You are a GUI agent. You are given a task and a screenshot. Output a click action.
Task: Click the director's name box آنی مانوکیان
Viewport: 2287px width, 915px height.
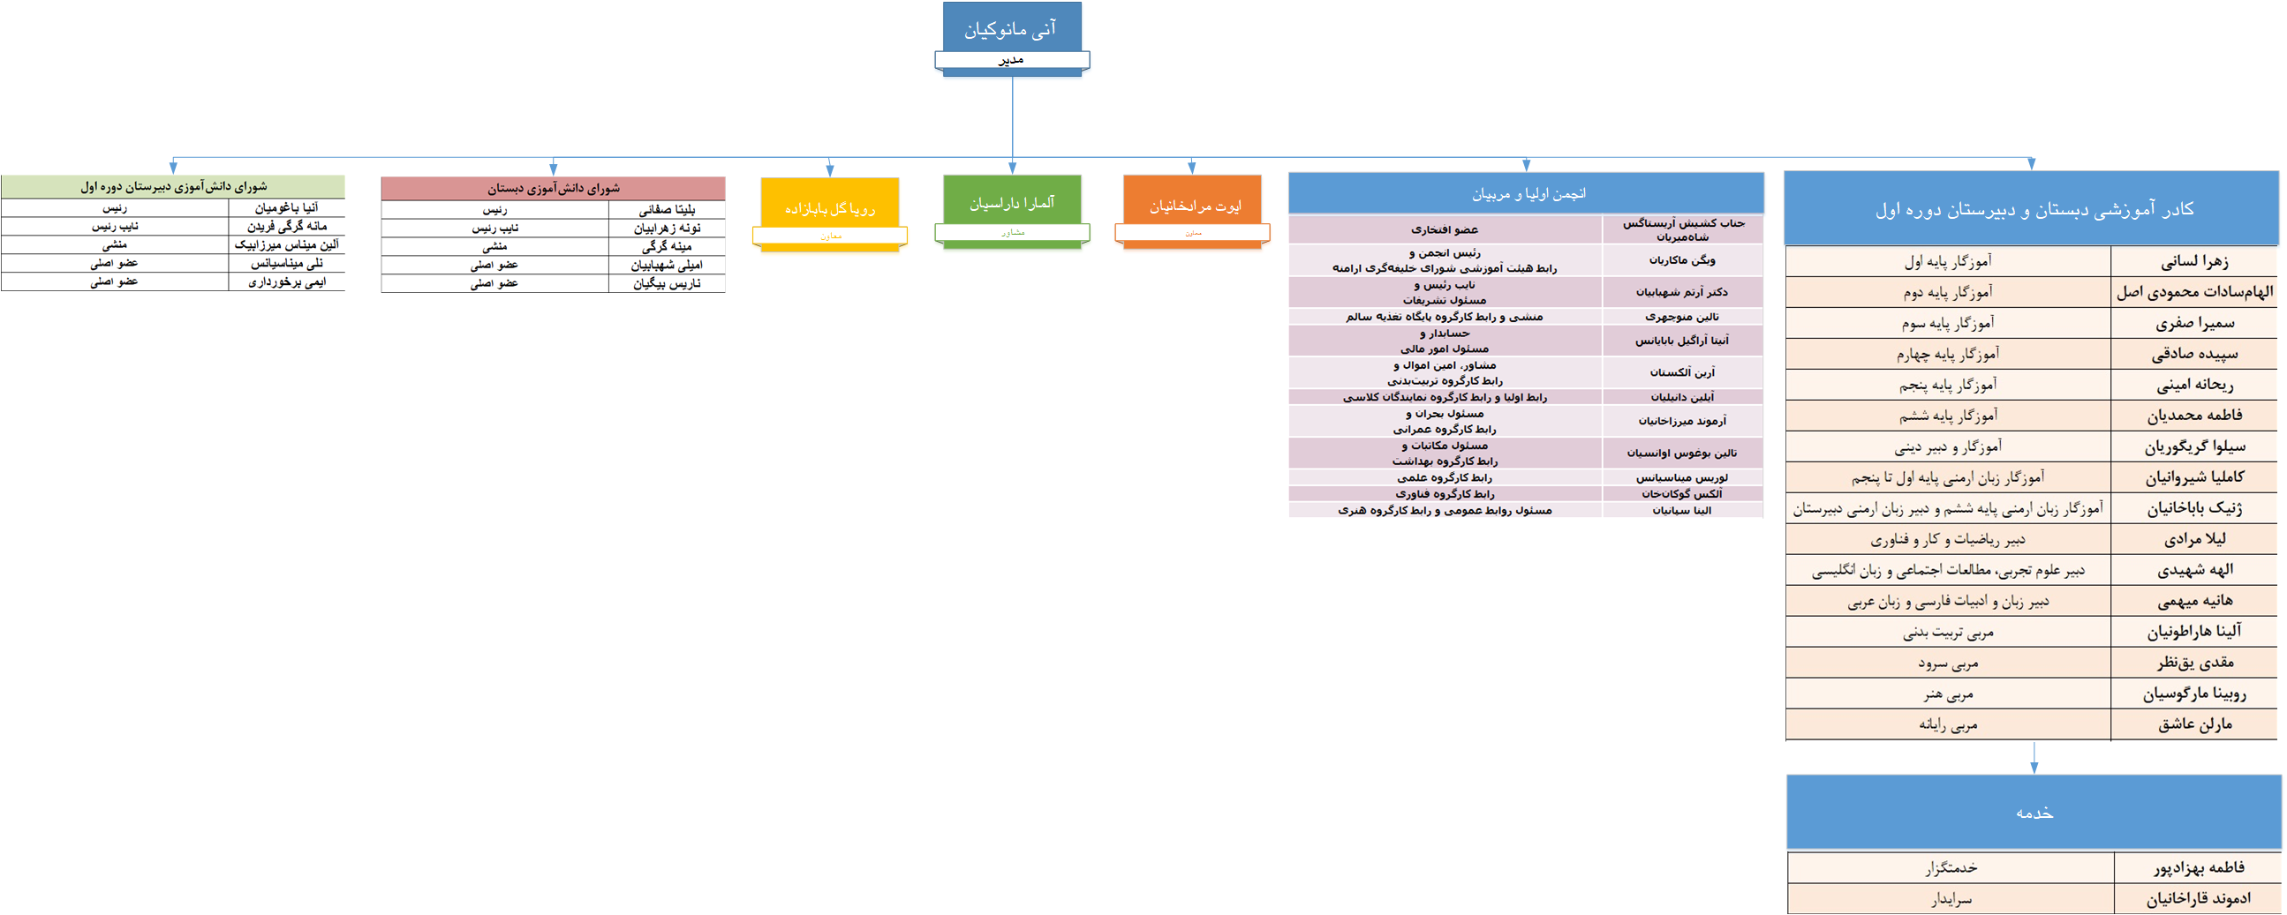(x=1011, y=28)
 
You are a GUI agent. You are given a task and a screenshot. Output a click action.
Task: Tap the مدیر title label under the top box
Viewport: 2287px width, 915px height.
(x=1011, y=60)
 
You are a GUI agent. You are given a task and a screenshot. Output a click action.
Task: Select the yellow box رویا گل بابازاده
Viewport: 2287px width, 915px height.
(x=829, y=208)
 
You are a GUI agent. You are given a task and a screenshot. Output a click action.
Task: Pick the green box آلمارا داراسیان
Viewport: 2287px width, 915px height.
(x=1012, y=203)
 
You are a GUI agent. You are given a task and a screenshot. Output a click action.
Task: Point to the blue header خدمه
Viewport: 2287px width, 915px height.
(x=2034, y=812)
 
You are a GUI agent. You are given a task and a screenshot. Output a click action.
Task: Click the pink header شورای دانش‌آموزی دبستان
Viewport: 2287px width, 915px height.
(x=553, y=188)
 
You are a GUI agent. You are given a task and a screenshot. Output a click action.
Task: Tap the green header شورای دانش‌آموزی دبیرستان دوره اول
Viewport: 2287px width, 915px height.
(x=173, y=186)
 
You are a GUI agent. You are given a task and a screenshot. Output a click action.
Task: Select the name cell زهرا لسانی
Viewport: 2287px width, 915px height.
(x=2193, y=261)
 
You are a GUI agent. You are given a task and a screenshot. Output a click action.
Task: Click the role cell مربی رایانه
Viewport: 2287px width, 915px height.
(x=1948, y=724)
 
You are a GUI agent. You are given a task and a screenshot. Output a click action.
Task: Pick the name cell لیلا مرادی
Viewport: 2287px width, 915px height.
(x=2193, y=539)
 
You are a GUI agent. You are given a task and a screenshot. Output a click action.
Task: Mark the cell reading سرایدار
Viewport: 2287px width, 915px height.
(x=1951, y=898)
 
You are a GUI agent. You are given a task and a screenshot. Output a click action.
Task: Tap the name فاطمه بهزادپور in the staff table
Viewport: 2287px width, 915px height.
(x=2198, y=867)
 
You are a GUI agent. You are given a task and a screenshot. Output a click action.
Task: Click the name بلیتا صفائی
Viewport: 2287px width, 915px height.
(x=667, y=209)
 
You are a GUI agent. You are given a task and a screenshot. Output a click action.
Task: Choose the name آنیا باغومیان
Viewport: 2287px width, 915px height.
(x=286, y=207)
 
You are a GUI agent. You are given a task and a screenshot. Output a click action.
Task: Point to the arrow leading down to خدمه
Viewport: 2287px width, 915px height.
(x=2034, y=759)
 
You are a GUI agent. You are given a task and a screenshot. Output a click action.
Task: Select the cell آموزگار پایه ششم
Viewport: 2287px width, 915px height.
(x=1948, y=416)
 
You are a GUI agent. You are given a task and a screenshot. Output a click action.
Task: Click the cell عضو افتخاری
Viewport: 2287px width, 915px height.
(x=1445, y=230)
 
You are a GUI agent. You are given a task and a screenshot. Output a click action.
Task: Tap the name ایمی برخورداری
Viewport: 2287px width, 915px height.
(x=286, y=281)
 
